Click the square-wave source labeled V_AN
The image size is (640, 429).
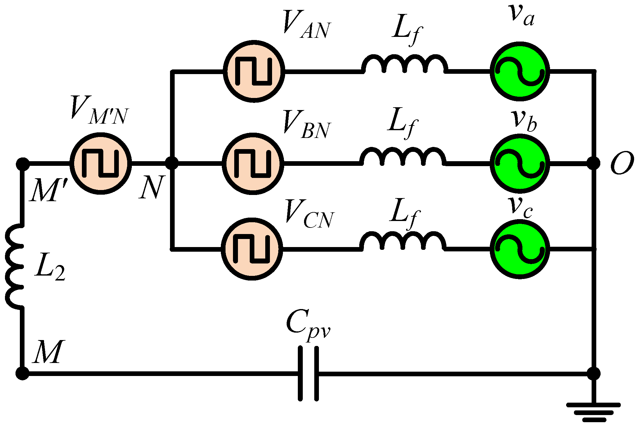point(254,71)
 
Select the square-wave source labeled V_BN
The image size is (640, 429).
point(253,164)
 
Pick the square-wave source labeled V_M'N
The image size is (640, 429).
point(101,163)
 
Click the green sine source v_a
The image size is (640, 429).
point(520,71)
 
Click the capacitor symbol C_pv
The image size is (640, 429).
point(308,374)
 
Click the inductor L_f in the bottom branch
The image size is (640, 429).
point(403,242)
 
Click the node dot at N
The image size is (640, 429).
point(172,163)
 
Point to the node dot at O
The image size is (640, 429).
point(593,163)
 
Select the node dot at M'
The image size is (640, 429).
point(22,164)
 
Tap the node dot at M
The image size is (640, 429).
point(22,373)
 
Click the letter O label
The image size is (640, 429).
point(622,163)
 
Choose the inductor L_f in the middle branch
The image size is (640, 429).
point(403,157)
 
